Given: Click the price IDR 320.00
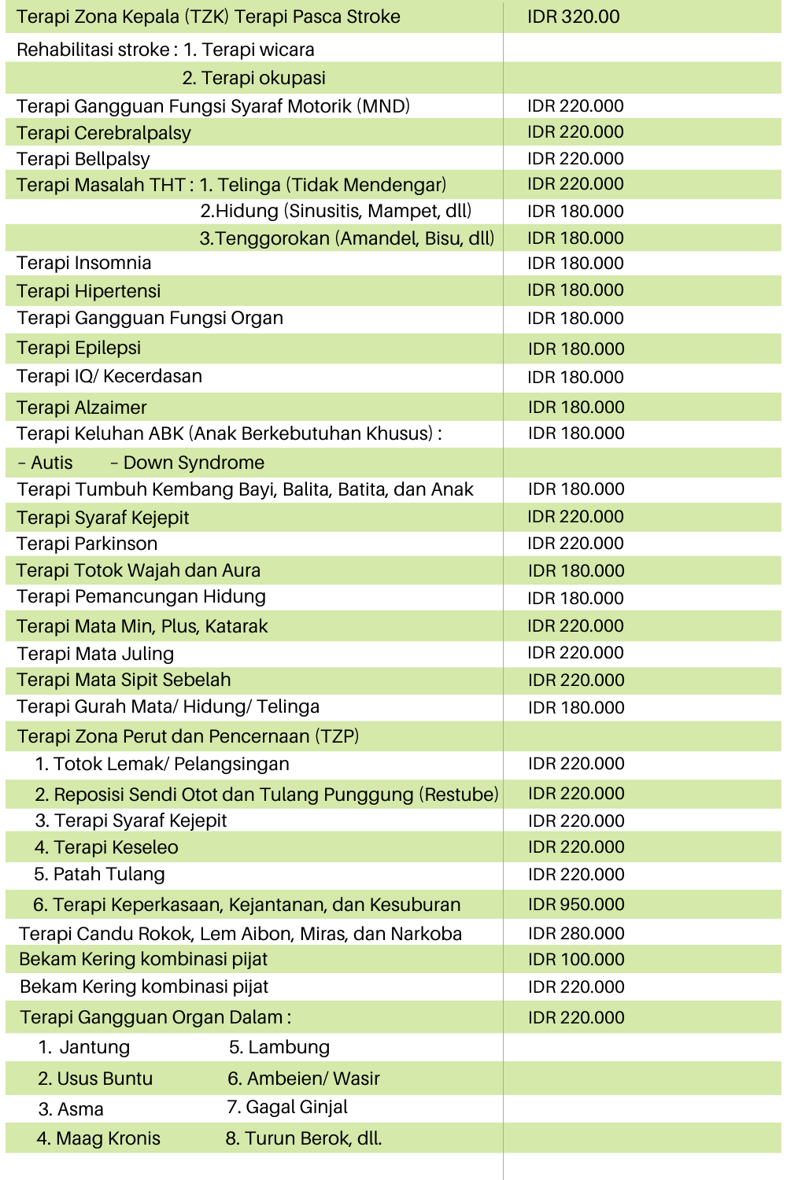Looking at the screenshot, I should (x=573, y=17).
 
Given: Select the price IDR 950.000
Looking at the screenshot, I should (x=576, y=904).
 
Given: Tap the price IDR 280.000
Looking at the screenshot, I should (x=576, y=933).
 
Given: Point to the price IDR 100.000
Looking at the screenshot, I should (x=576, y=959).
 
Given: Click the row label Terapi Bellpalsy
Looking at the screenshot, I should (x=83, y=159).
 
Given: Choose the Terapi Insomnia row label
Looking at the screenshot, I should (x=84, y=263).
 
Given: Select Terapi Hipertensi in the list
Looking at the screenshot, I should (x=89, y=291).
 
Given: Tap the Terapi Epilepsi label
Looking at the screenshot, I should (x=79, y=348).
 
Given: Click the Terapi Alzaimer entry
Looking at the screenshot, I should (x=82, y=407).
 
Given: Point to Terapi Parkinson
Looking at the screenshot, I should (x=87, y=544).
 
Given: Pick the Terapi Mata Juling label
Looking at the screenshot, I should (x=95, y=654).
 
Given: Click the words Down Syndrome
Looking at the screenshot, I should (x=194, y=463).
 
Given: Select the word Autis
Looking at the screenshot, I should (x=52, y=463).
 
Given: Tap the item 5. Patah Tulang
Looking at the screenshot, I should (x=99, y=874).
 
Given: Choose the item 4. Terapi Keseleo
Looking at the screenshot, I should (x=106, y=847).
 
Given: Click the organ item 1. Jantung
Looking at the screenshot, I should (x=84, y=1047).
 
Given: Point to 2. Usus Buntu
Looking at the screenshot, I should (x=95, y=1079).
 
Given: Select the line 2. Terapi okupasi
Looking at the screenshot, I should (x=253, y=78).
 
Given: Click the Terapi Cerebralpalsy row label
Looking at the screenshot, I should (x=104, y=133).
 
